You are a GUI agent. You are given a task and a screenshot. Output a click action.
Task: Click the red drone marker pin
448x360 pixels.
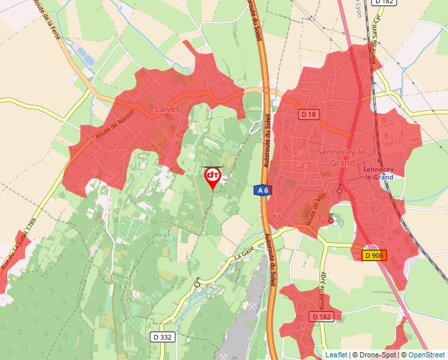click(x=212, y=176)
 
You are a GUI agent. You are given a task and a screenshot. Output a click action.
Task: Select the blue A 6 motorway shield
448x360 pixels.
click(x=262, y=190)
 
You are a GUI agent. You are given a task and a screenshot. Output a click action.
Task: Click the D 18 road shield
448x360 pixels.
click(x=308, y=114)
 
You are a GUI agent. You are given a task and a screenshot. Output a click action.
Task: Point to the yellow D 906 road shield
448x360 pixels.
click(x=374, y=255)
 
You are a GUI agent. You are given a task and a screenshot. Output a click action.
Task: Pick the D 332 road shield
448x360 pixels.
click(x=161, y=337)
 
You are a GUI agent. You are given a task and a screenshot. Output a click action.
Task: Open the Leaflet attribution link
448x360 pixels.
click(x=336, y=355)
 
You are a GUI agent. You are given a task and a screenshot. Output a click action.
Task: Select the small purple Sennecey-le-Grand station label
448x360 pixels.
click(x=378, y=173)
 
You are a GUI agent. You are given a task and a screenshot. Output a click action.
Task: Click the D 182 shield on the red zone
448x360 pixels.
click(x=322, y=317)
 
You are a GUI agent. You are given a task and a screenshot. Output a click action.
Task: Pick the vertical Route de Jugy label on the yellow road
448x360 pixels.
click(x=323, y=290)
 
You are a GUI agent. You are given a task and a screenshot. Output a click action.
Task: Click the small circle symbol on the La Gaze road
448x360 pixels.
click(x=197, y=284)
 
